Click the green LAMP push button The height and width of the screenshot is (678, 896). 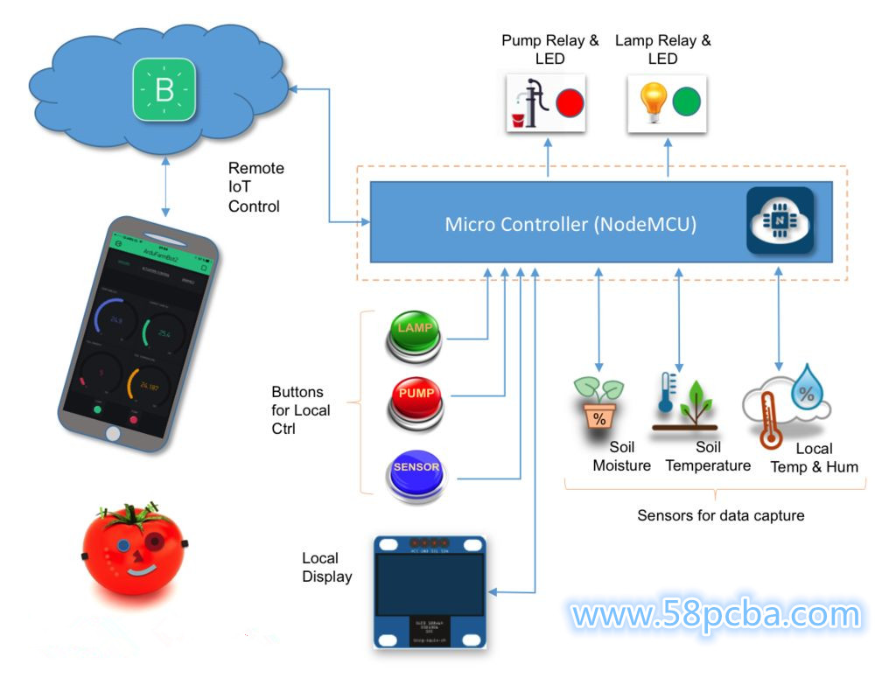tap(415, 332)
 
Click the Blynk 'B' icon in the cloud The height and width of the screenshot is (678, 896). tap(164, 89)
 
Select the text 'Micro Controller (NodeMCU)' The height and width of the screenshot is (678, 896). tap(570, 224)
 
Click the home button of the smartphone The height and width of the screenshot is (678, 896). tap(112, 433)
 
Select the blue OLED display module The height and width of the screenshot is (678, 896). tap(429, 591)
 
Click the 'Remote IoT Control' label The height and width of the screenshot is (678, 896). tap(255, 187)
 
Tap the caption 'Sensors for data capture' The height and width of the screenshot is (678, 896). tap(720, 515)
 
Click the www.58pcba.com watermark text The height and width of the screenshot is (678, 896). tap(716, 615)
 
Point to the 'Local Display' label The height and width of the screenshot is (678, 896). tap(327, 567)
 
